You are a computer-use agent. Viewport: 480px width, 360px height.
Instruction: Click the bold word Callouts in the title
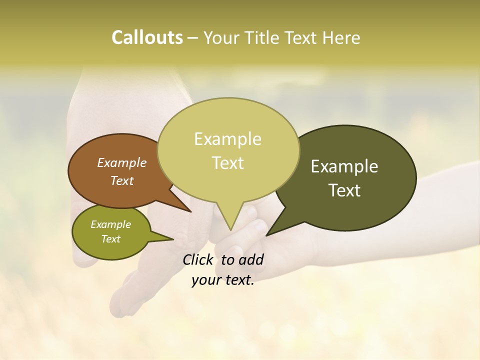coord(147,38)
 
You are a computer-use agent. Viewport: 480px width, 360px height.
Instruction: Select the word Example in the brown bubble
coord(121,162)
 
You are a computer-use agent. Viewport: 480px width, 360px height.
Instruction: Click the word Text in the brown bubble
coord(121,180)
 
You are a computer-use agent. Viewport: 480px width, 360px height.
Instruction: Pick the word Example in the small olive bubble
coord(110,224)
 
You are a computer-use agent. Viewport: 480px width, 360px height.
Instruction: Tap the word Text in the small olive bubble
coord(110,239)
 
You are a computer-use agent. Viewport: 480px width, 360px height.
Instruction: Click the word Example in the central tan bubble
coord(227,139)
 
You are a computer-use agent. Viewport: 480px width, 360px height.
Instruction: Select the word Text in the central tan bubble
coord(227,163)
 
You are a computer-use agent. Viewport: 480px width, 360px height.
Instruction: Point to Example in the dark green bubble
coord(344,166)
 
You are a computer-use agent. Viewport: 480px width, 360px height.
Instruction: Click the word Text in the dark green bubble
coord(344,190)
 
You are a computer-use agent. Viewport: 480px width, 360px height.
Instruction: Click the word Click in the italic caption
coord(198,259)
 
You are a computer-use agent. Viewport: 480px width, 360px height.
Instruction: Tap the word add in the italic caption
coord(251,259)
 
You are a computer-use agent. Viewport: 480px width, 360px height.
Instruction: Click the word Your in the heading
coord(220,38)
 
